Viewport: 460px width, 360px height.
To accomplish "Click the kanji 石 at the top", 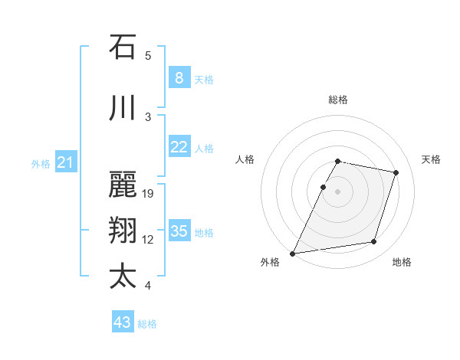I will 123,47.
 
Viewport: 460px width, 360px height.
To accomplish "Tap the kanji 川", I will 123,110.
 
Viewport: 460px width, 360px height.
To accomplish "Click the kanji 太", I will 123,276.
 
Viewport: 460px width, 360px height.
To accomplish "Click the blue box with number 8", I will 179,77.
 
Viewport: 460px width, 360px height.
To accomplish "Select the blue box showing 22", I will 179,147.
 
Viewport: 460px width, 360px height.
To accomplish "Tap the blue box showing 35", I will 179,231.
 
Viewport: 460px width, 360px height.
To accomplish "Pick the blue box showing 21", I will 65,162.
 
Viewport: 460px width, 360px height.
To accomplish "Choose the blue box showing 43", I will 122,322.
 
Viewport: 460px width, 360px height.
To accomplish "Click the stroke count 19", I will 148,194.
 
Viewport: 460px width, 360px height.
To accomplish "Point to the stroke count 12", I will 148,240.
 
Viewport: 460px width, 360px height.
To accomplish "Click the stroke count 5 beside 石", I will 148,55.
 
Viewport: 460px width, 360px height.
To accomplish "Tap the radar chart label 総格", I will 337,100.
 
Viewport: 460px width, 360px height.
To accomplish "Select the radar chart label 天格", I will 431,159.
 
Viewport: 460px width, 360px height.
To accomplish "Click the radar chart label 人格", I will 245,159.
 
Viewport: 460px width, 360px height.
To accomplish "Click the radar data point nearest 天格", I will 396,173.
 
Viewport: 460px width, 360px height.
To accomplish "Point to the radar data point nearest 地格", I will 373,242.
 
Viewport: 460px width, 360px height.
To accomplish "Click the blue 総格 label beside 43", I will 147,324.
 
